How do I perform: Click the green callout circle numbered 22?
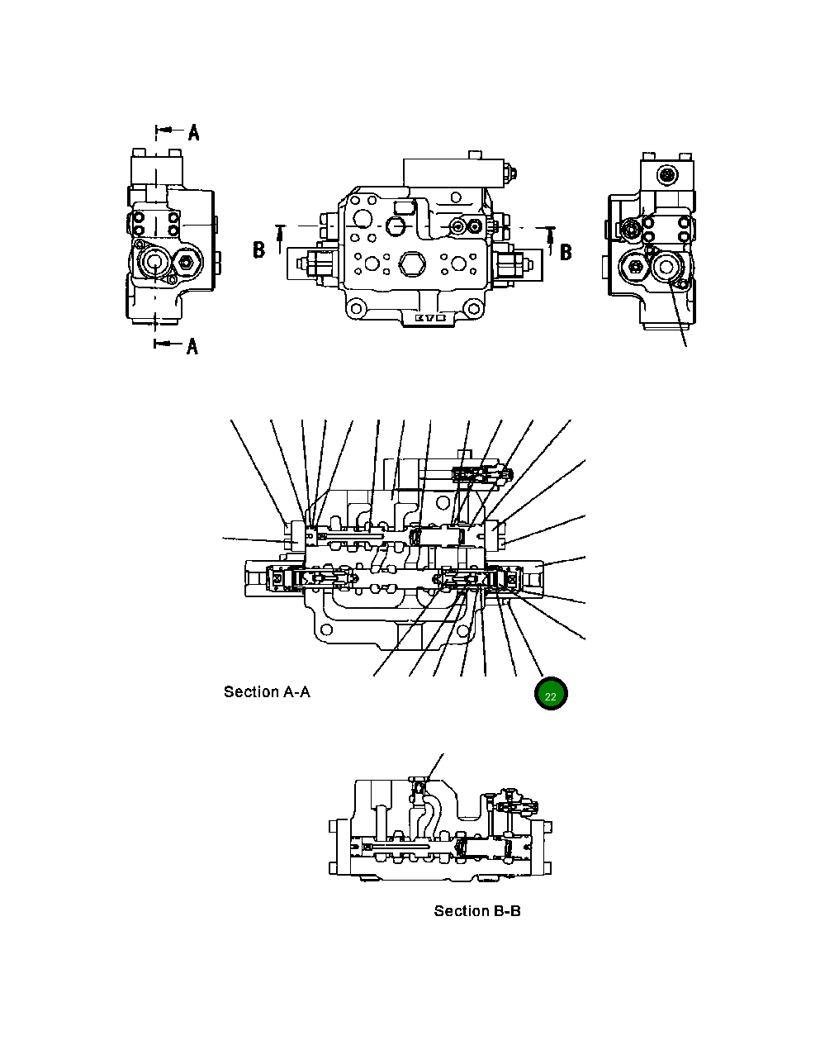tap(551, 695)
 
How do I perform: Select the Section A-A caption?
tap(267, 692)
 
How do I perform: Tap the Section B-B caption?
tap(477, 911)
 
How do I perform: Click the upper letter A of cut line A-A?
tap(193, 132)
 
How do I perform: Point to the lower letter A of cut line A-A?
tap(192, 345)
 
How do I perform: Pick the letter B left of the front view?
tap(259, 249)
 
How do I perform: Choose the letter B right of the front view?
tap(566, 252)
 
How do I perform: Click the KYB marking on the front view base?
tap(429, 317)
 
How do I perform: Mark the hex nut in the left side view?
tap(185, 264)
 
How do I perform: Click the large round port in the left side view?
tap(154, 264)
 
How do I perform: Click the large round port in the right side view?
tap(666, 266)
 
